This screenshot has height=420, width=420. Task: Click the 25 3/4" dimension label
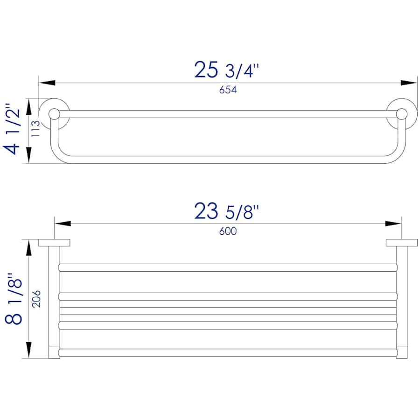tap(226, 70)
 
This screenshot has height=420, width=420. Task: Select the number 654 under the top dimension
tap(228, 91)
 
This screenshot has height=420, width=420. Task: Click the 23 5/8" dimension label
tap(226, 211)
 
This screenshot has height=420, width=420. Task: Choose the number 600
tap(228, 231)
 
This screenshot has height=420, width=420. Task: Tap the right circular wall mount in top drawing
tap(400, 113)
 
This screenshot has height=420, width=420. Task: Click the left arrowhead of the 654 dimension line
tap(47, 83)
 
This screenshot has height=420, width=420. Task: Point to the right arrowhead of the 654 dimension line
tap(409, 83)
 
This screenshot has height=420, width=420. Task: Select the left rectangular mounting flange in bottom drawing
tap(54, 243)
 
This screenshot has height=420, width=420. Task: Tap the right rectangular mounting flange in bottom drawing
tap(401, 243)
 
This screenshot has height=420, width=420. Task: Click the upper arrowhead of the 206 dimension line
tap(29, 248)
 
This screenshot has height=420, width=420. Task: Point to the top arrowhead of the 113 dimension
tap(29, 106)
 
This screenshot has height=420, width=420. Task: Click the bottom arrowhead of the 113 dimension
tap(29, 155)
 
